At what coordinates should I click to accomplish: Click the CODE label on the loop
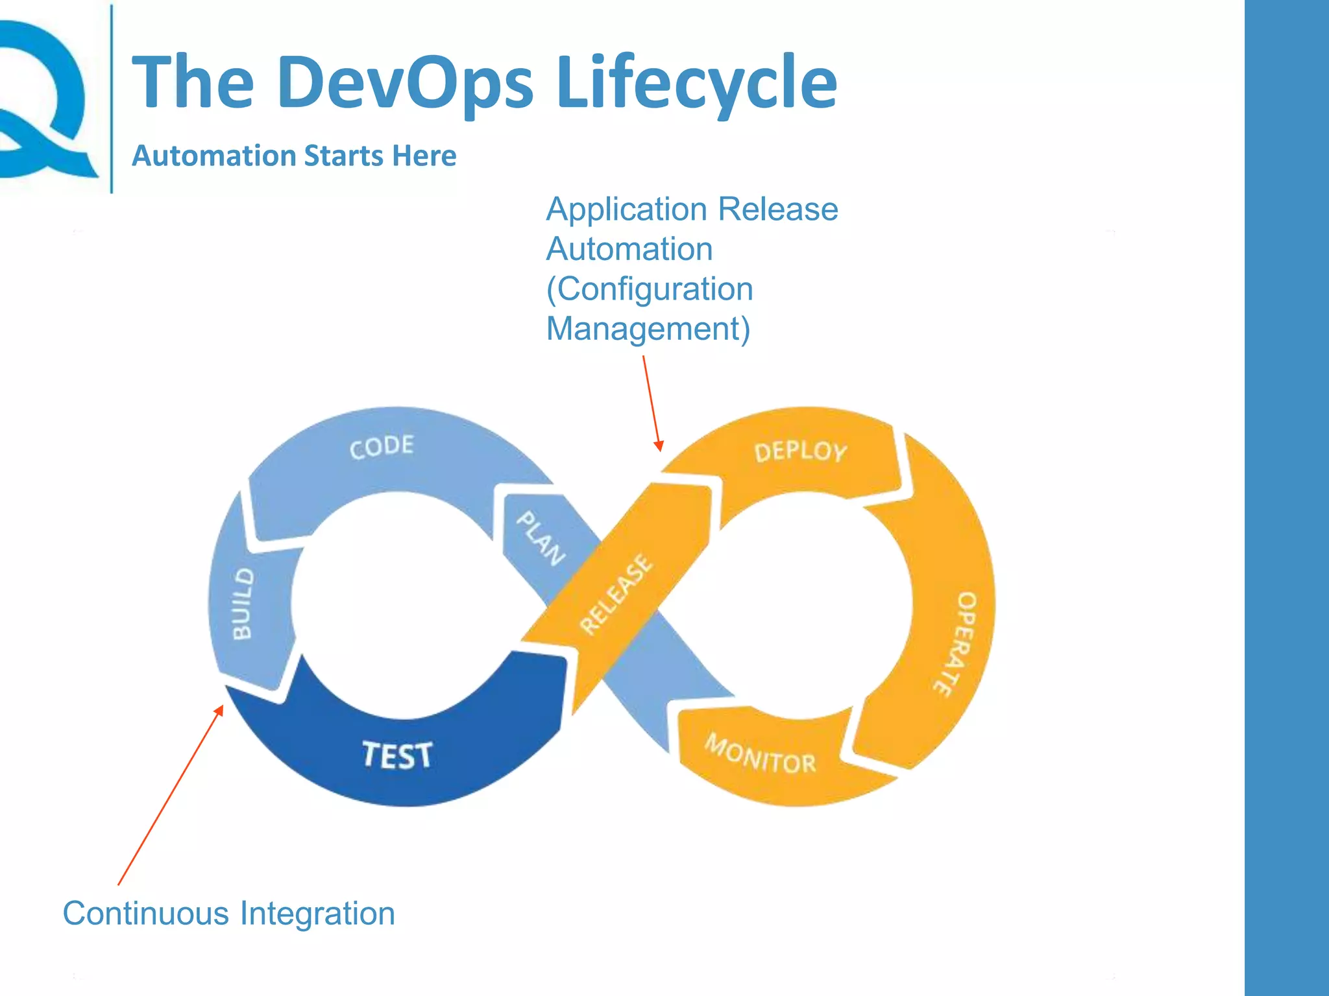coord(382,446)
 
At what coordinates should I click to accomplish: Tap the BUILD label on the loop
coord(243,604)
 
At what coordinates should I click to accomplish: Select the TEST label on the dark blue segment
coord(396,755)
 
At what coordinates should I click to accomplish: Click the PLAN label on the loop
coord(541,538)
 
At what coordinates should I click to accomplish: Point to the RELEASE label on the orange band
coord(615,594)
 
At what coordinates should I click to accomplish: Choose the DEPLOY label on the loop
coord(800,451)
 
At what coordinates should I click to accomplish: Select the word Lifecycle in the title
coord(696,83)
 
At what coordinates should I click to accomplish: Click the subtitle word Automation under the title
coord(213,156)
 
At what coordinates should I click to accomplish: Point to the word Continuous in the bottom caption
coord(145,913)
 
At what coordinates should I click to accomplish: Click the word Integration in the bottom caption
coord(317,913)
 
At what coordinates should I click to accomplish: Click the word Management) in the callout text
coord(648,329)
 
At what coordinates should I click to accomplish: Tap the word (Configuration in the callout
coord(649,289)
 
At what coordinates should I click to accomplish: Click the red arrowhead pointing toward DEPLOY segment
coord(659,446)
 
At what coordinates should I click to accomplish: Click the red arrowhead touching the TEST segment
coord(219,711)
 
